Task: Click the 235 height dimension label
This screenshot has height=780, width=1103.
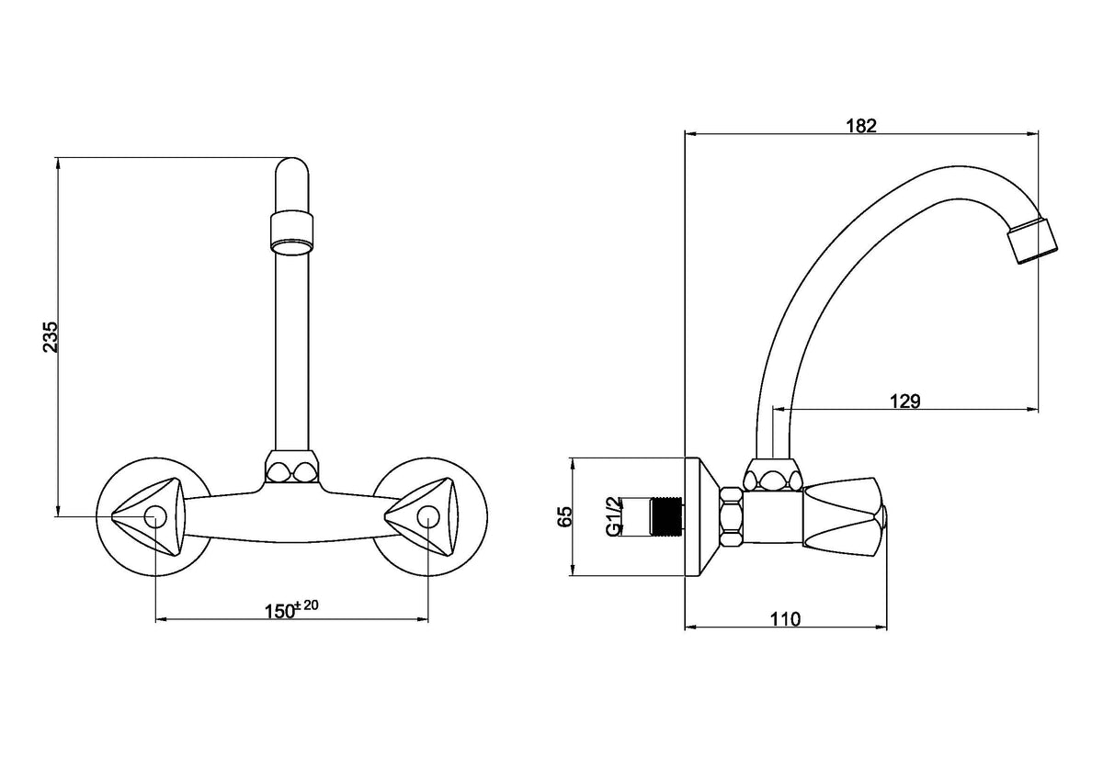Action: point(51,336)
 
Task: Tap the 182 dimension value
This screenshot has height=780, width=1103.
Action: point(861,126)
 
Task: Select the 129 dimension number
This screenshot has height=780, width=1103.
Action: point(904,401)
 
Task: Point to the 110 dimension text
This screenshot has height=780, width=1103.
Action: point(785,618)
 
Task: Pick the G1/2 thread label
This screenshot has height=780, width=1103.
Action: point(614,516)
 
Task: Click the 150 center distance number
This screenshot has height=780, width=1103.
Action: point(279,611)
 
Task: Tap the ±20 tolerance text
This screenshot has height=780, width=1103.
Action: point(306,605)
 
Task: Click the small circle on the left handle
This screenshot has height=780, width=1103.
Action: point(155,517)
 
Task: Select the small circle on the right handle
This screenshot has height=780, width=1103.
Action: point(428,517)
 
